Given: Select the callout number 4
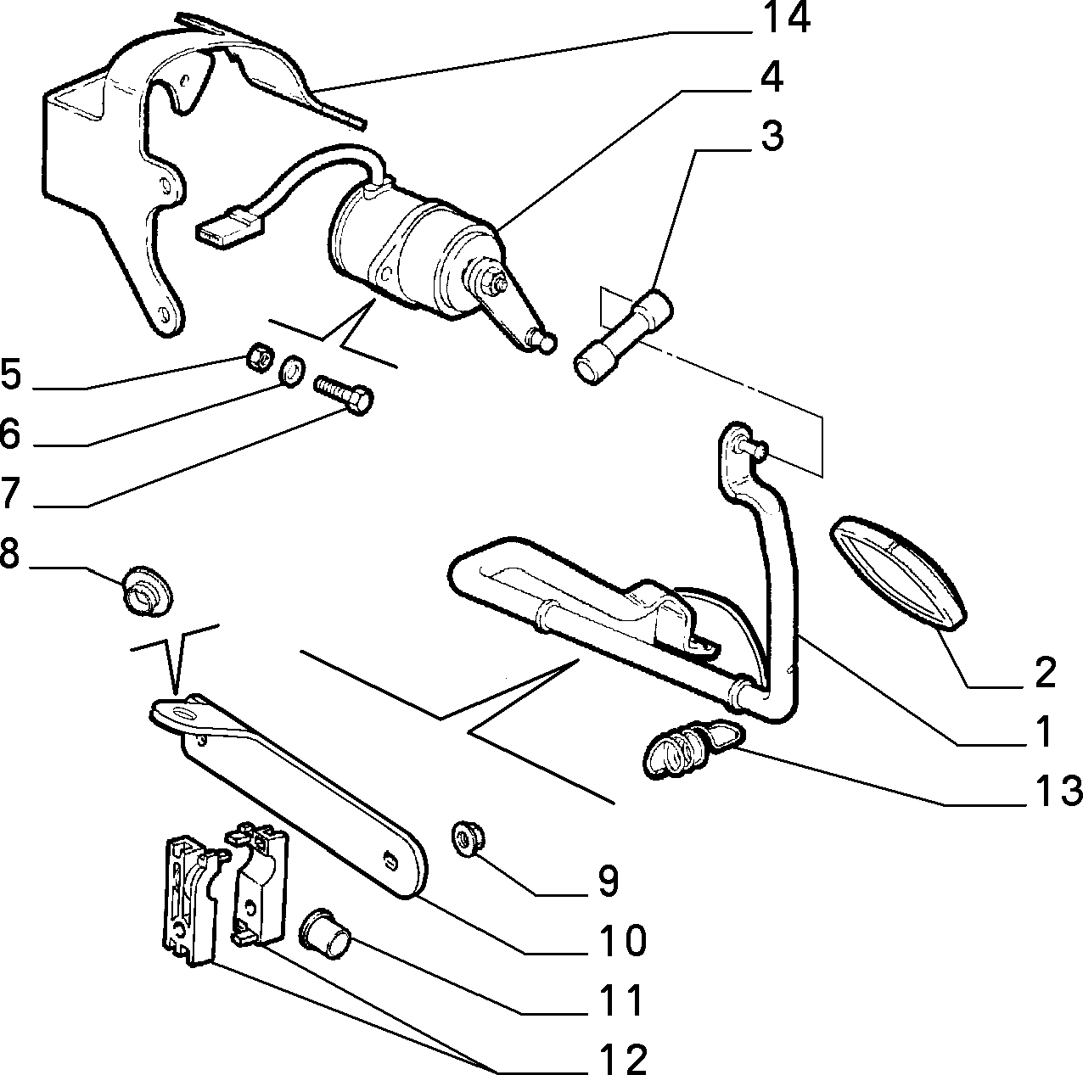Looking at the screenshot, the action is click(x=772, y=77).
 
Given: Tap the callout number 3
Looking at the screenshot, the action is click(x=772, y=136).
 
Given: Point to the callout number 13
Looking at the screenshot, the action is click(x=1053, y=790).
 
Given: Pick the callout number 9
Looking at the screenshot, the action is click(x=607, y=881).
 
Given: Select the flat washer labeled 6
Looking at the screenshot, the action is click(x=292, y=370).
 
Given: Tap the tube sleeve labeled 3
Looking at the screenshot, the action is click(x=623, y=336).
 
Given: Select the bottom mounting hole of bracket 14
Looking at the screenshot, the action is click(x=164, y=313).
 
